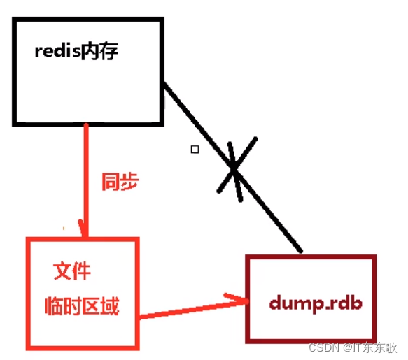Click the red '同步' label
tap(120, 183)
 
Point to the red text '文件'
tap(72, 271)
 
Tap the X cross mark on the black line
tap(234, 168)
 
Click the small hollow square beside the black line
tap(195, 149)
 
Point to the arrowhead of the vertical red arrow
tap(85, 231)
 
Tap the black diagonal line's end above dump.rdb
tap(300, 250)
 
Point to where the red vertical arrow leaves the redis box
tap(85, 127)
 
